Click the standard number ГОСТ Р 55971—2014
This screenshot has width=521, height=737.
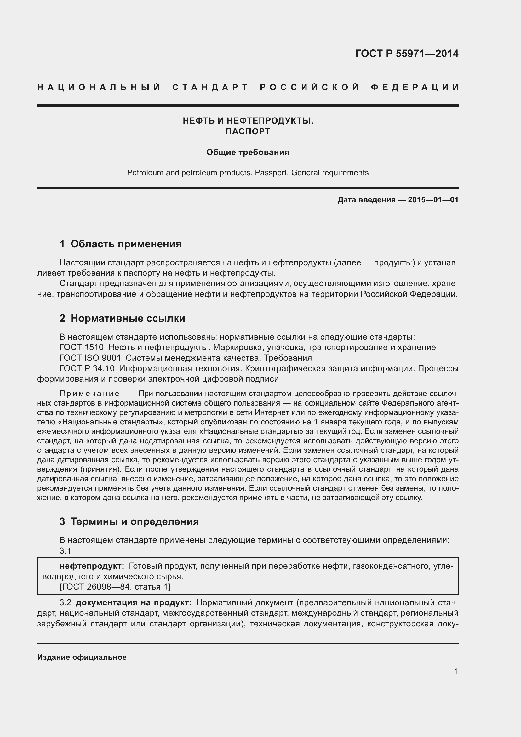[406, 54]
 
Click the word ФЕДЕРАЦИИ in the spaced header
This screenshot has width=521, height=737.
[415, 87]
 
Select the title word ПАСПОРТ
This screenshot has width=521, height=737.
[248, 131]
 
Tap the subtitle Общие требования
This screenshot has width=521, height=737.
[248, 152]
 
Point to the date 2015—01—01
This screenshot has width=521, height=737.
[433, 200]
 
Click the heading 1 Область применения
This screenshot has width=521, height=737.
[120, 244]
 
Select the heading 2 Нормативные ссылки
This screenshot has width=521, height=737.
[122, 319]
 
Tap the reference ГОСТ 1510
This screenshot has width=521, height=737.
[82, 347]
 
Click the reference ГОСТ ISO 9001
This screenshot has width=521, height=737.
[90, 358]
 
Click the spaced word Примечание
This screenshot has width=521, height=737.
[89, 394]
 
